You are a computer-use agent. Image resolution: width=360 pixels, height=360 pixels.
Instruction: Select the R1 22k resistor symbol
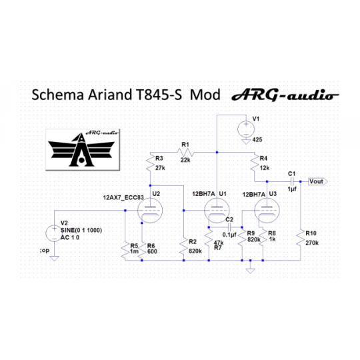coord(185,152)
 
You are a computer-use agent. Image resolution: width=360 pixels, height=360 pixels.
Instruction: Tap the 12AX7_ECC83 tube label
coord(123,197)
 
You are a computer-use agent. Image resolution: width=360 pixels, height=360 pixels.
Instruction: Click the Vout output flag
coord(318,181)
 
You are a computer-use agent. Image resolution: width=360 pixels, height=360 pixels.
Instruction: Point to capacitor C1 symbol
coord(292,181)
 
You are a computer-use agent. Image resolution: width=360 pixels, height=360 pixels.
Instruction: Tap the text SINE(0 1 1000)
coord(81,230)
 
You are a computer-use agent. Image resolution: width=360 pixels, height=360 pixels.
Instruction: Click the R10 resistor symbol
coord(300,239)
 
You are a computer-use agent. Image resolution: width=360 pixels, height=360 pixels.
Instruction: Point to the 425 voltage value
coord(257,139)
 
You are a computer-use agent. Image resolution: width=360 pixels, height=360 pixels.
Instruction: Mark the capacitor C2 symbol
coord(229,227)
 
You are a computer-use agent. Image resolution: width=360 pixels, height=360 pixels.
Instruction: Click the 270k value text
coord(312,243)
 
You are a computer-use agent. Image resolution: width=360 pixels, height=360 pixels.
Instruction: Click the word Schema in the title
coord(57,95)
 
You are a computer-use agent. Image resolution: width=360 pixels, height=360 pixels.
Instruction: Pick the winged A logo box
coord(83,150)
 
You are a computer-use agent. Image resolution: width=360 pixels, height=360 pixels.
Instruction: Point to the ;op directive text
coord(45,251)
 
